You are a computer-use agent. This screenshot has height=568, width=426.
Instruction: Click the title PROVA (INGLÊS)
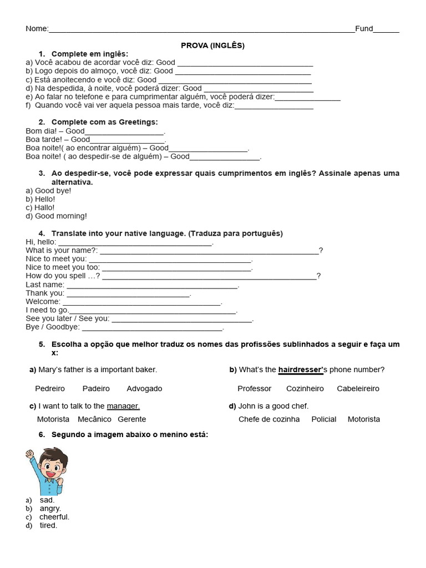(212, 45)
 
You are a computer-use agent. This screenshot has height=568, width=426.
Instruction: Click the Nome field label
(37, 29)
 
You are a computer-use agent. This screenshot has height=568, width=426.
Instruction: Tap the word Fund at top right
(364, 29)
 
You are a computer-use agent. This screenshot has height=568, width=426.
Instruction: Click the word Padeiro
(96, 388)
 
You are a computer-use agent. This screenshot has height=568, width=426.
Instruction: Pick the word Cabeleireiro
(358, 388)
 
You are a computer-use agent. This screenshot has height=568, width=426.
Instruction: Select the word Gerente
(132, 419)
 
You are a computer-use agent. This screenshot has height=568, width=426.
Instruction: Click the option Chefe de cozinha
(269, 419)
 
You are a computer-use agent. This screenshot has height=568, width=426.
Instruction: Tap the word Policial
(324, 419)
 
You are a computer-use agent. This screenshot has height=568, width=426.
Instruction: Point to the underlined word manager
(123, 405)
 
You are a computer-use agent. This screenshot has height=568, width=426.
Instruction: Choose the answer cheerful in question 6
(54, 517)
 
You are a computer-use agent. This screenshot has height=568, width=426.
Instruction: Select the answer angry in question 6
(50, 508)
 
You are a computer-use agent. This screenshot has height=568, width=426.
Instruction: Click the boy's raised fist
(29, 455)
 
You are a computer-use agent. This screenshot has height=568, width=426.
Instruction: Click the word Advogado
(144, 388)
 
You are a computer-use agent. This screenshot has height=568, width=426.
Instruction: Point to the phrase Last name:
(45, 285)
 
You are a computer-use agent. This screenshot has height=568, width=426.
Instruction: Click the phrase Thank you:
(45, 293)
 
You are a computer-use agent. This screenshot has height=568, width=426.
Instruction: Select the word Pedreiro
(50, 388)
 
